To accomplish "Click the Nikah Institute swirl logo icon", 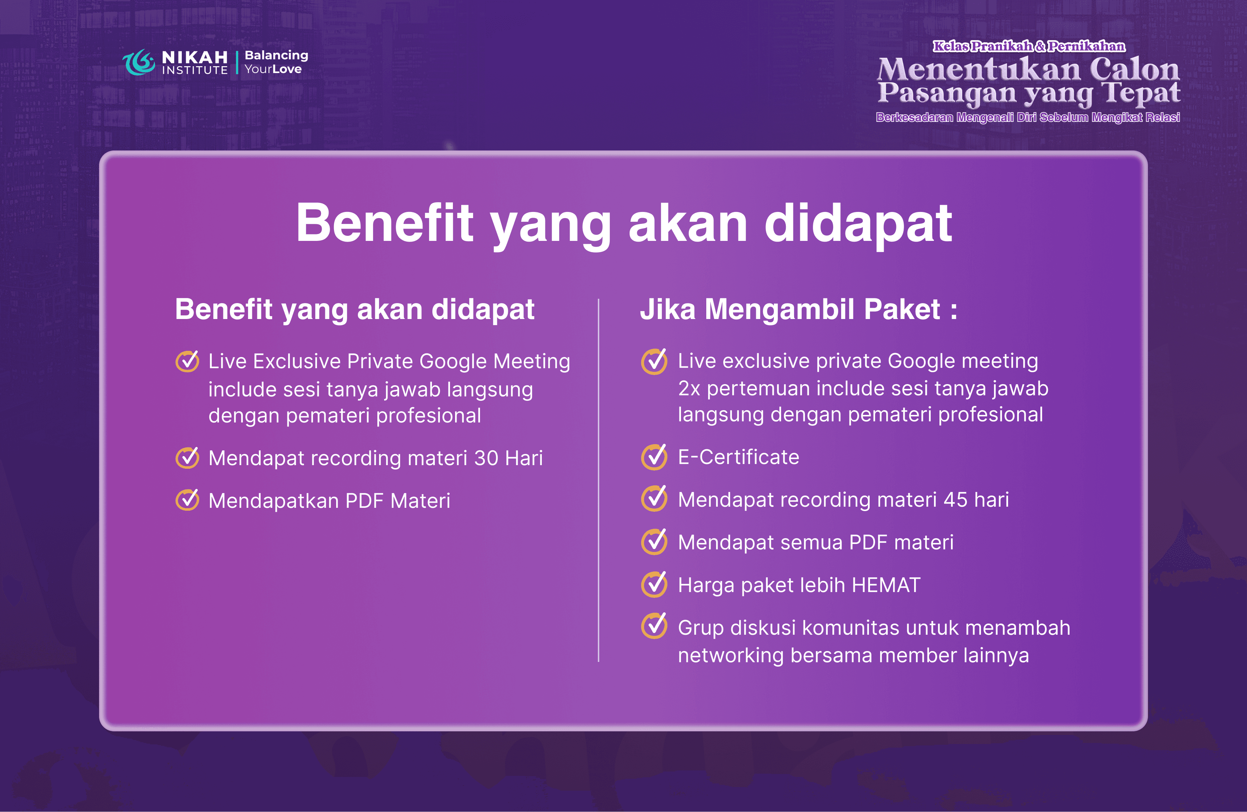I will pos(139,62).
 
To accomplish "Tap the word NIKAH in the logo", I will pos(194,57).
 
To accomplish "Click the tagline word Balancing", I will pos(276,55).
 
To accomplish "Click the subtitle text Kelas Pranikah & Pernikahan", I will pos(1029,46).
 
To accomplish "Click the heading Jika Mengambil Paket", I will pos(798,309).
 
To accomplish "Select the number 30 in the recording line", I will pos(486,458).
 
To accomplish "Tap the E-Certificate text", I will pos(738,457).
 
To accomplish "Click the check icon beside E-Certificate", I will pos(654,457).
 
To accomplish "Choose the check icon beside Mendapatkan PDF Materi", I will pos(187,500).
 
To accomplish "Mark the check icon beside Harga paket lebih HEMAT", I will pos(654,584).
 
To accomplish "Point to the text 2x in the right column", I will pos(689,388).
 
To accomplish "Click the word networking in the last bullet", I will pos(730,655).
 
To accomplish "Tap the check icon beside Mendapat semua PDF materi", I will pos(654,542).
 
